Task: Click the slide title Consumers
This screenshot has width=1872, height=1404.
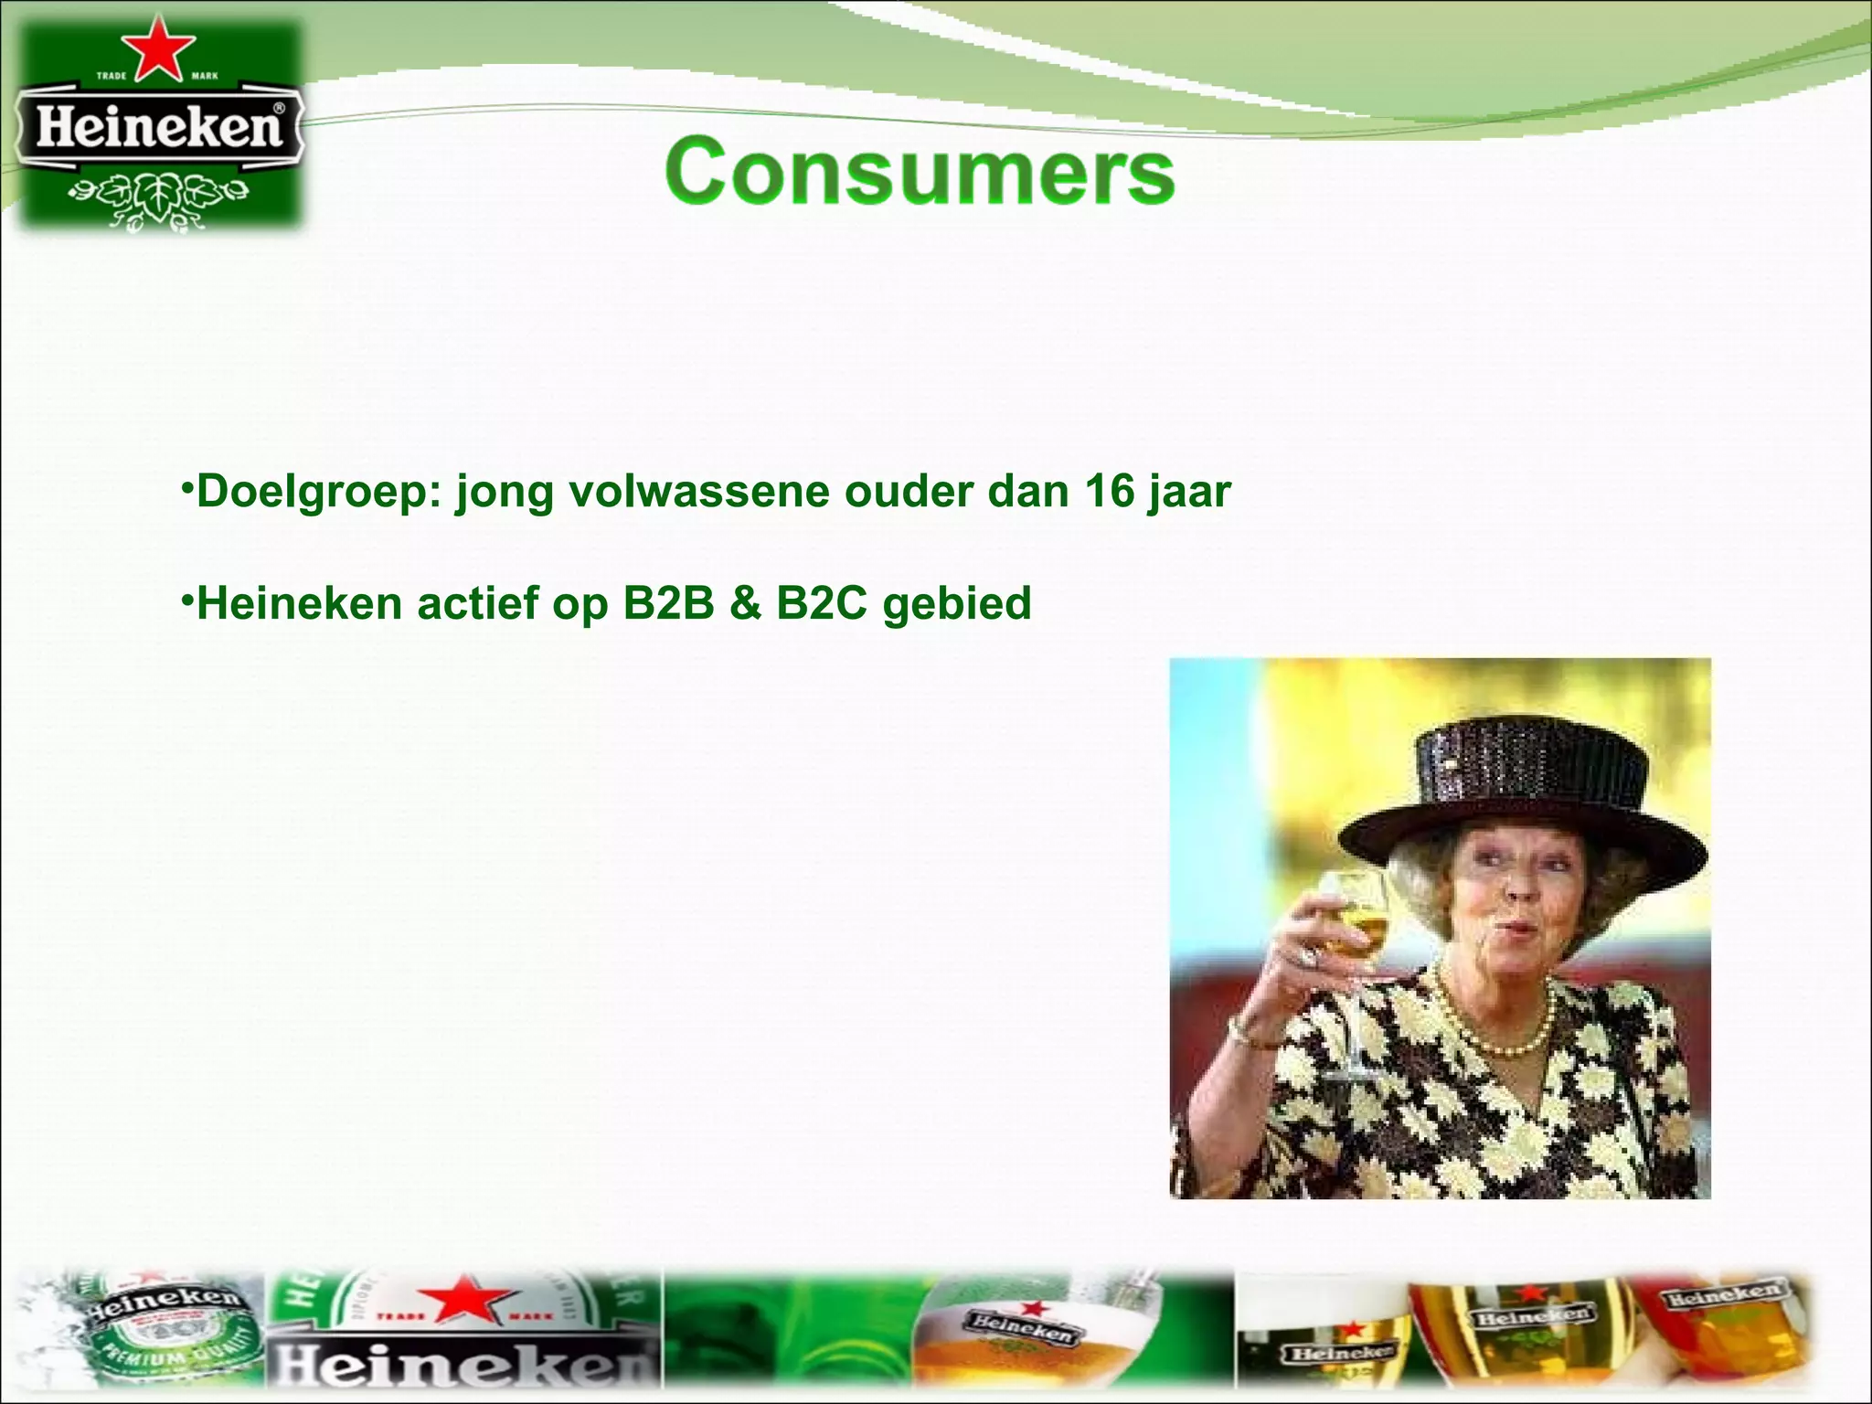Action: (920, 172)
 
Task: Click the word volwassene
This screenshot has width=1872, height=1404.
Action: (698, 491)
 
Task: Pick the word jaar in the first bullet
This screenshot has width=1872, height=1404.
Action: (1189, 493)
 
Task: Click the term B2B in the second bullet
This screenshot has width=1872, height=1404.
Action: (668, 603)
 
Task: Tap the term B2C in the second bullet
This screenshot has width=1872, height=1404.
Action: (821, 603)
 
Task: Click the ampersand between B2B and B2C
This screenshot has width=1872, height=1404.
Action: (745, 603)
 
